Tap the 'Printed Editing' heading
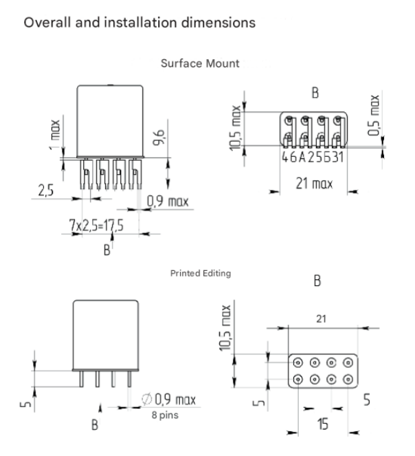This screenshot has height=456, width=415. (200, 273)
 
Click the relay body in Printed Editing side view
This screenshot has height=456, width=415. (106, 334)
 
